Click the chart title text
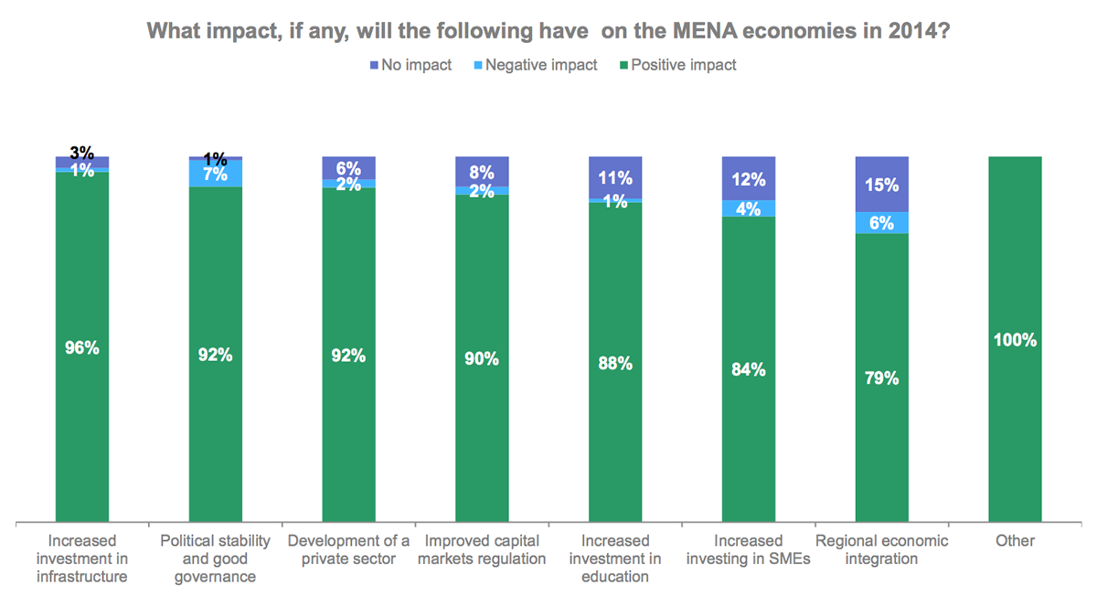(548, 31)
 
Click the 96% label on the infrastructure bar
(82, 348)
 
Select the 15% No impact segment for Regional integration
(882, 184)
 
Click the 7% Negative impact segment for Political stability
(216, 174)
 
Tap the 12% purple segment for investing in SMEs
(749, 178)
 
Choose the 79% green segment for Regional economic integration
(882, 378)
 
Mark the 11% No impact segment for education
(615, 177)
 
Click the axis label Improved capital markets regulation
(483, 549)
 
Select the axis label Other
(1016, 541)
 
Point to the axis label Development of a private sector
(349, 549)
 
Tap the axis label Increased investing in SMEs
(749, 549)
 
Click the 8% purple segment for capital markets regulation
(483, 171)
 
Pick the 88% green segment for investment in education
(615, 363)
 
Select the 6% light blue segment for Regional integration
(882, 223)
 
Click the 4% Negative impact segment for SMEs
(749, 208)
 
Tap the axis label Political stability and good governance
(216, 559)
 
